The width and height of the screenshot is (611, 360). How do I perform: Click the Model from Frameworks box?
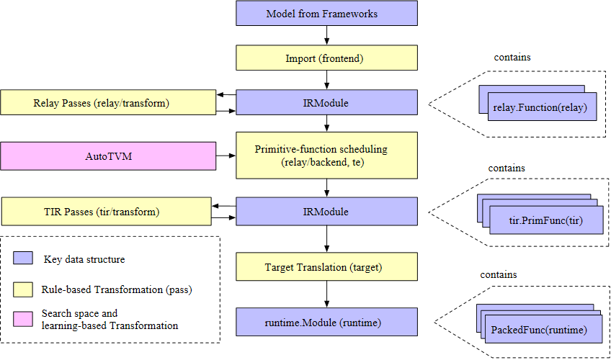tap(326, 14)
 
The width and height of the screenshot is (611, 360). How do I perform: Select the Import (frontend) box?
tap(326, 58)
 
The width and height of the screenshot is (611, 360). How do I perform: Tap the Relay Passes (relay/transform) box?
tap(108, 102)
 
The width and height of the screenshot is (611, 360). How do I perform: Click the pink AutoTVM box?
tap(108, 156)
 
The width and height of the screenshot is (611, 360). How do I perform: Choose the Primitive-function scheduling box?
tap(326, 156)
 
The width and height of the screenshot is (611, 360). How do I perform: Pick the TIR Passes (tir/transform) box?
tap(106, 212)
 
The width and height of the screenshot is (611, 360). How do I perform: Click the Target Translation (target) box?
tap(326, 267)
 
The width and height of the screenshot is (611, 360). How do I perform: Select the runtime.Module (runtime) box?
tap(326, 321)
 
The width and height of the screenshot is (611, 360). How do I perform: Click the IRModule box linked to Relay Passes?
tap(326, 102)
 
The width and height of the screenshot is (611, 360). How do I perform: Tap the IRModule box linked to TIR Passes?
tap(326, 212)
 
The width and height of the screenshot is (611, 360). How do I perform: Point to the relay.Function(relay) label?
tap(541, 108)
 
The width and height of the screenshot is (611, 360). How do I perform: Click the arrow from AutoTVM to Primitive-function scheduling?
tap(226, 156)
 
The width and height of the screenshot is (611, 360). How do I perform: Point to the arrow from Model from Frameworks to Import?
tap(326, 36)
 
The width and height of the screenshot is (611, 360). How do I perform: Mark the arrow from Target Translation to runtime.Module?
tap(326, 294)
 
